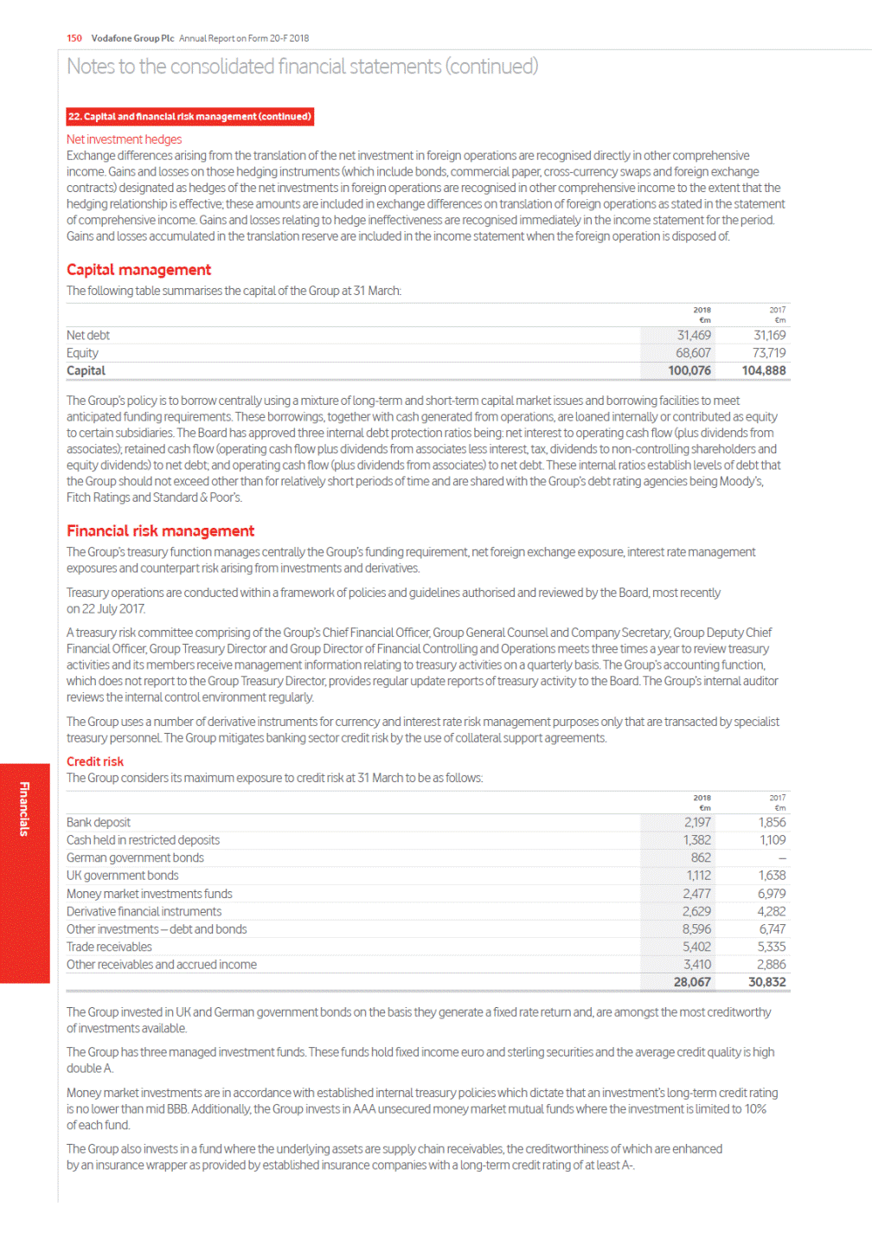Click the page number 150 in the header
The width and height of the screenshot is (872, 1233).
click(74, 38)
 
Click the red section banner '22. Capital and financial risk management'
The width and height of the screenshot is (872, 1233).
click(189, 117)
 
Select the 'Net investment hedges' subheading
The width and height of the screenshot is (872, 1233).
click(124, 139)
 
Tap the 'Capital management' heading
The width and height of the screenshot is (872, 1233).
click(138, 270)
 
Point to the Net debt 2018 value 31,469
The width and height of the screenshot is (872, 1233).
click(694, 336)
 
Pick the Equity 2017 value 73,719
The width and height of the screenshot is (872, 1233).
click(769, 353)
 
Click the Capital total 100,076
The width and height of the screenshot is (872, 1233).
click(689, 371)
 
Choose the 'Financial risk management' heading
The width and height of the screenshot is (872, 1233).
click(160, 531)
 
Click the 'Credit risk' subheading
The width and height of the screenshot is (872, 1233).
click(95, 761)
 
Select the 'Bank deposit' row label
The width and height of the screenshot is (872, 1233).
click(99, 823)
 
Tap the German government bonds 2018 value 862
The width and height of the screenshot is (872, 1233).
click(701, 858)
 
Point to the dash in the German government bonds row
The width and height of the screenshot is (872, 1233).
click(782, 858)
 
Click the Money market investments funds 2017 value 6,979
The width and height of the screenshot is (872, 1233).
click(772, 894)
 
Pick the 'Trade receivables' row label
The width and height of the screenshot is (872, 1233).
click(109, 947)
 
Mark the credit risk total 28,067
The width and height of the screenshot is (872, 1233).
click(692, 983)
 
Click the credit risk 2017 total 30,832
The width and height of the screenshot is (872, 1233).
click(767, 983)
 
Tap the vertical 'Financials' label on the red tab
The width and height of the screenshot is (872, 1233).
click(24, 809)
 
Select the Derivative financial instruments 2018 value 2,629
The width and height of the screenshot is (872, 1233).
click(696, 912)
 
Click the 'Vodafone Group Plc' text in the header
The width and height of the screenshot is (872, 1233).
click(132, 38)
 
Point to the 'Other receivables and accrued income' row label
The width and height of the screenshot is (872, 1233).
click(162, 965)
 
